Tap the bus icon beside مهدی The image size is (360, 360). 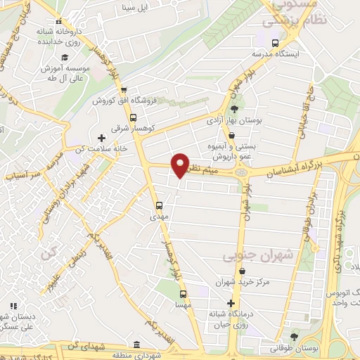[x=159, y=207]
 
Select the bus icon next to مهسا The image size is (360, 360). [x=183, y=295]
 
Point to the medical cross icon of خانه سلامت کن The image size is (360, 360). [x=101, y=138]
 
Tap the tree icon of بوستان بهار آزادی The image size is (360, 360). [x=233, y=109]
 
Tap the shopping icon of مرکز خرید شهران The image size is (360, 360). [x=243, y=271]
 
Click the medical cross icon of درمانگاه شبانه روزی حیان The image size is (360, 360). [x=230, y=303]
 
